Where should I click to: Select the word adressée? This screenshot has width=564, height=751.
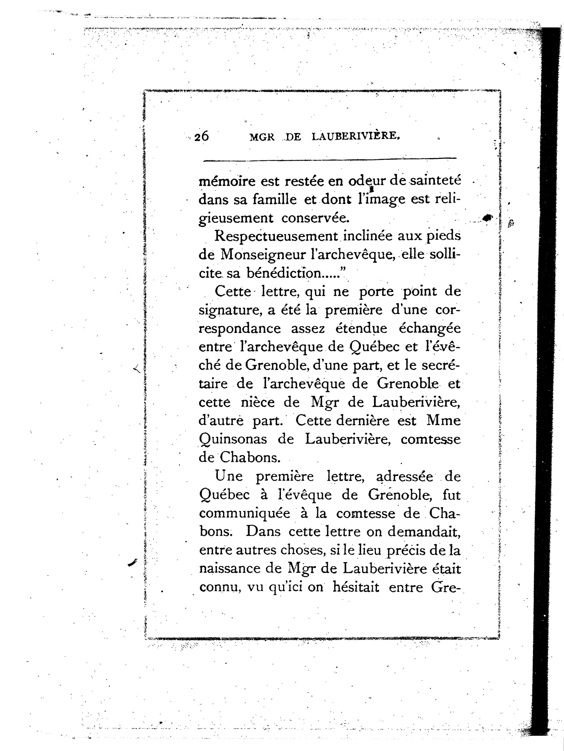tap(404, 477)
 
